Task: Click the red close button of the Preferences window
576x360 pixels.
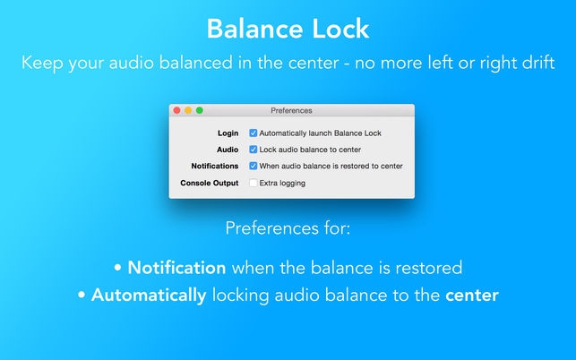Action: [x=177, y=110]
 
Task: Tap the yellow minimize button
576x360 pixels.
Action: [x=188, y=110]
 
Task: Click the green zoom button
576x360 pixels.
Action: [x=199, y=110]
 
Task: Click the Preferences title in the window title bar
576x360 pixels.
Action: [x=291, y=110]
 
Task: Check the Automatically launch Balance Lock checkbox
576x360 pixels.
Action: [x=254, y=133]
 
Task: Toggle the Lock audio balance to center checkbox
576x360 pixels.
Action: [x=254, y=150]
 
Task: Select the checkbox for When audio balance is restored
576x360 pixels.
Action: [x=254, y=166]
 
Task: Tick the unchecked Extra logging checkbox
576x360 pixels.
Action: [x=254, y=183]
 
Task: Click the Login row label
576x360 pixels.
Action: [x=228, y=133]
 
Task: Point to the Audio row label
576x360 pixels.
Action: [x=228, y=150]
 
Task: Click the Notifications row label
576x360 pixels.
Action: [x=215, y=166]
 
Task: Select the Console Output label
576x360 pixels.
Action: [x=210, y=183]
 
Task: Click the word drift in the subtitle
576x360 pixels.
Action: [x=535, y=64]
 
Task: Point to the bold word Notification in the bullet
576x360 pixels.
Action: [x=177, y=267]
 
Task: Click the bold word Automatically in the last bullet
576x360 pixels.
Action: [x=149, y=294]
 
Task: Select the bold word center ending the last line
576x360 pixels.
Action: [x=471, y=294]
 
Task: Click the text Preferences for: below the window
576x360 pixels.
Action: [x=288, y=228]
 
